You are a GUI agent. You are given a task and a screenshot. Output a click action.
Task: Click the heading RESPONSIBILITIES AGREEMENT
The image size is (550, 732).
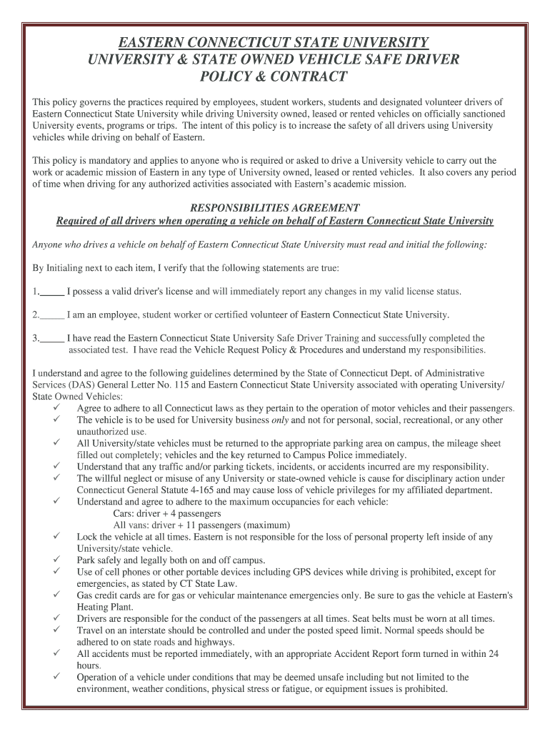coord(274,208)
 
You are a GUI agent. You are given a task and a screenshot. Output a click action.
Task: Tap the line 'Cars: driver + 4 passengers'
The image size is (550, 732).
coord(167,513)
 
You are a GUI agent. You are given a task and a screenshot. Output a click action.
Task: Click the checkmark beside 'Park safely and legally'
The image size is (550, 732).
coord(56,560)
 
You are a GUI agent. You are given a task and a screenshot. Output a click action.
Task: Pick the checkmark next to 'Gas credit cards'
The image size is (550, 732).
coord(56,595)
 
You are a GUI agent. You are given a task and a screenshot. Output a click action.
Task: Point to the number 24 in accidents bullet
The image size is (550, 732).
coord(492,653)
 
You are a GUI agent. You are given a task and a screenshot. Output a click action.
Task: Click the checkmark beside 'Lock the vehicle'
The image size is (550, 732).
coord(56,536)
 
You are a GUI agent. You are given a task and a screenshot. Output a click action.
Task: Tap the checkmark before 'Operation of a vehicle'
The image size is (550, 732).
coord(56,677)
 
